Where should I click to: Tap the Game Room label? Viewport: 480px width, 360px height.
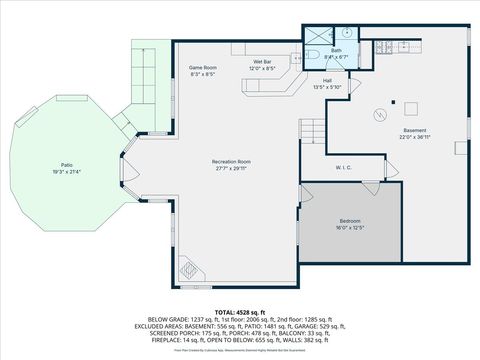[x=203, y=68]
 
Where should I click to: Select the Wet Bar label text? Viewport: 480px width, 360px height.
[x=263, y=62]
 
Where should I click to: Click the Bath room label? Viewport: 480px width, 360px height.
[x=337, y=50]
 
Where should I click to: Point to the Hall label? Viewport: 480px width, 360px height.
[x=327, y=81]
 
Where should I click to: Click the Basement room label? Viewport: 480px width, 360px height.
[x=414, y=131]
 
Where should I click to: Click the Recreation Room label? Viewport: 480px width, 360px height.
[x=230, y=161]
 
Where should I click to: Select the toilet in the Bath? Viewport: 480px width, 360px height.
[x=313, y=54]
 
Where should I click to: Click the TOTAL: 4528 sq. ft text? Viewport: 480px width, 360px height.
[x=239, y=312]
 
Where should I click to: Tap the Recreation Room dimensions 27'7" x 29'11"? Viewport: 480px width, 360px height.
[x=230, y=169]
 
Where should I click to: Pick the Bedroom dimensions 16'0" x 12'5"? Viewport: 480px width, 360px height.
[x=349, y=227]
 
